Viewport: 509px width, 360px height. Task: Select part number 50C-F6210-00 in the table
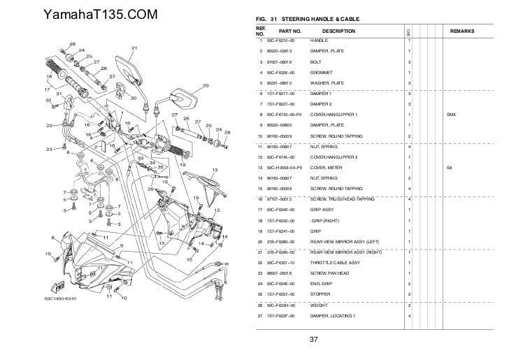[275, 42]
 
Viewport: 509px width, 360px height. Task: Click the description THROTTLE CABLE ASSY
[334, 262]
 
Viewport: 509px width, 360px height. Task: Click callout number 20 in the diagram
[206, 86]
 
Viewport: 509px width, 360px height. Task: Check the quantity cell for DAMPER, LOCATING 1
[409, 317]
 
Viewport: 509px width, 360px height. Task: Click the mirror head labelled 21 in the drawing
[129, 68]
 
